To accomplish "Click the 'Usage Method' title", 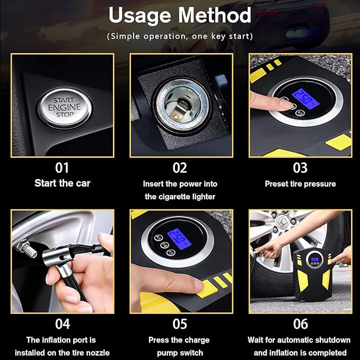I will pos(180,16).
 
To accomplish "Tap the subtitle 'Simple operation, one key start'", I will pos(180,37).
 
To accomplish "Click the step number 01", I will pos(62,168).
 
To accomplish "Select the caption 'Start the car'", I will pos(62,183).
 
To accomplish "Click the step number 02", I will pos(180,168).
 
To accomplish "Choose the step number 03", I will pos(300,168).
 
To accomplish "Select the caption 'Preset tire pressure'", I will pos(300,184).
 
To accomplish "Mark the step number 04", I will pos(62,323).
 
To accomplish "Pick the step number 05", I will pos(180,323).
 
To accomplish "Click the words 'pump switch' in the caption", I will pos(180,353).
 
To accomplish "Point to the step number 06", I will pos(300,323).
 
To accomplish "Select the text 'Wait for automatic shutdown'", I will pos(299,340).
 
